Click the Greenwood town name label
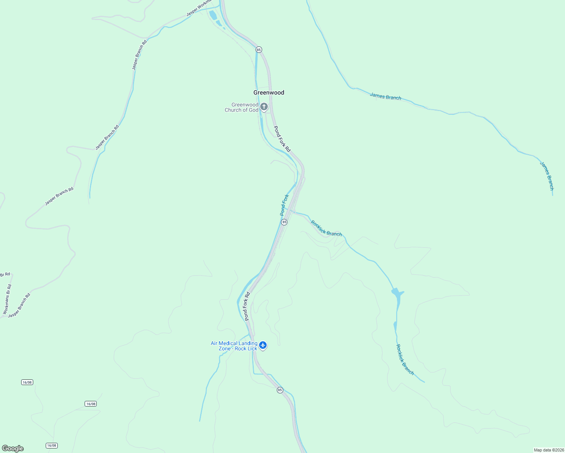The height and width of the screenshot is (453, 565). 269,92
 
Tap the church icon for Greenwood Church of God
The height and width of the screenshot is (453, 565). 264,107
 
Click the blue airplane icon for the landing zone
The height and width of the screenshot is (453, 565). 263,345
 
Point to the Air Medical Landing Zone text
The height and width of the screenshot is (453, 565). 234,346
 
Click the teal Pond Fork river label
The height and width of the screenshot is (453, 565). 284,205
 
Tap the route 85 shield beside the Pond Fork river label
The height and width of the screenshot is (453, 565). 284,222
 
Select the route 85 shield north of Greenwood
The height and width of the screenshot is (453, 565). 259,49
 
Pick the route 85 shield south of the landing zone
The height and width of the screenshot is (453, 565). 279,390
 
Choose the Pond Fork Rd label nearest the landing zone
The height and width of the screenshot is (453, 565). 247,306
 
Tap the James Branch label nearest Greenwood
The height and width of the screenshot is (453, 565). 385,97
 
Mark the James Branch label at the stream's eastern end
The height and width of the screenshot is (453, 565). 546,176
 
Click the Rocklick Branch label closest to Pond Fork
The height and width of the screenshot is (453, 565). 326,228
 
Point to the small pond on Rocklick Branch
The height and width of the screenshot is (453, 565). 397,294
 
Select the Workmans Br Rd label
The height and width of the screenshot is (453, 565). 7,299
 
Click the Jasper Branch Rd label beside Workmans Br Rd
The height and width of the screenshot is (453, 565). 19,305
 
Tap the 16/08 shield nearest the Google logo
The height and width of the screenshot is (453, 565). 52,445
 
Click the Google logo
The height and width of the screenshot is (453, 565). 12,448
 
